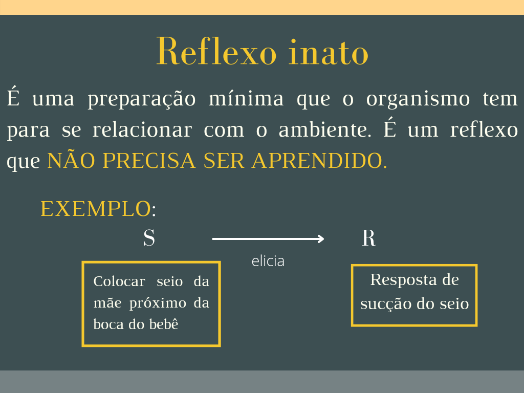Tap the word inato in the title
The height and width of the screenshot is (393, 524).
tap(328, 52)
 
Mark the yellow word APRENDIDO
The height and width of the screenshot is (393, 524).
tap(318, 161)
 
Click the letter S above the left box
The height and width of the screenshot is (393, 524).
tap(149, 238)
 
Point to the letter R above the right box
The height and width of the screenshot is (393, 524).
tap(368, 238)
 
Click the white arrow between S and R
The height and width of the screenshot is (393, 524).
tap(268, 238)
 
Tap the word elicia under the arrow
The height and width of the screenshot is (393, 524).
tap(268, 261)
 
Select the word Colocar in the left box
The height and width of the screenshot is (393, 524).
tap(119, 281)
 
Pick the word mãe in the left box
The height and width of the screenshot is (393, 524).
tap(107, 303)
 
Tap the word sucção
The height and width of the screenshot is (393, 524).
tap(379, 304)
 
